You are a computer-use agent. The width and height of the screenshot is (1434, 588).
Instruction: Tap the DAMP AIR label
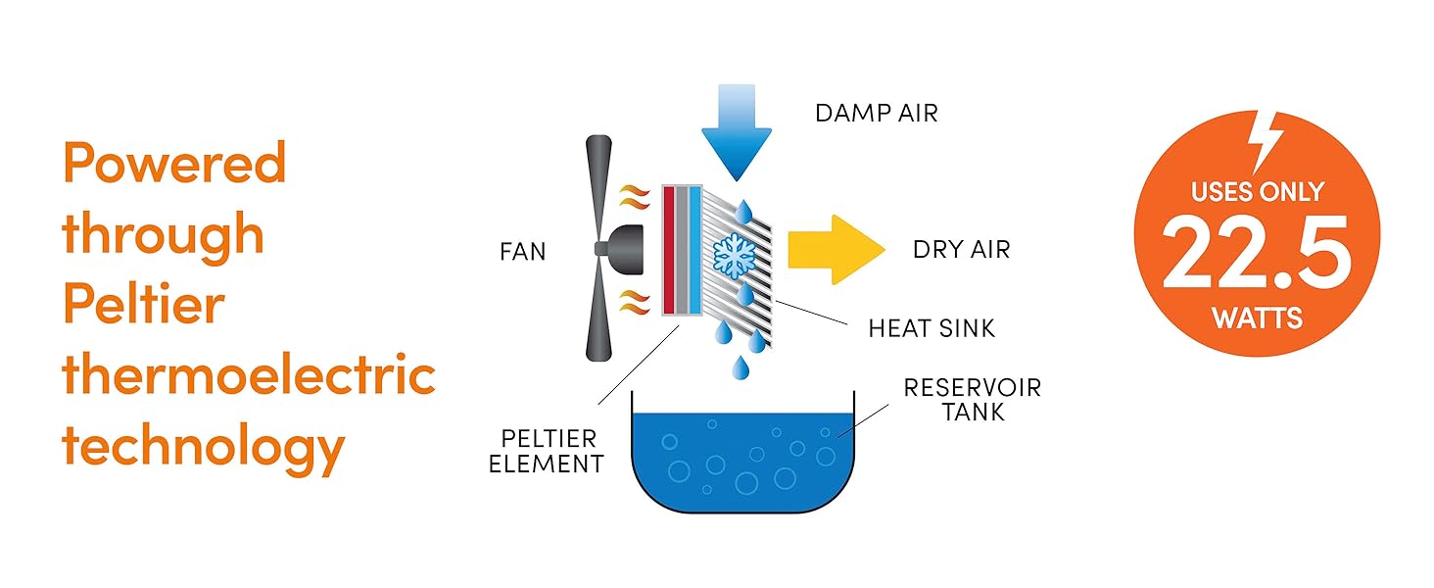point(876,114)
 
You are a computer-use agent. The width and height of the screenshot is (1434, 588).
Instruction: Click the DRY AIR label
point(960,250)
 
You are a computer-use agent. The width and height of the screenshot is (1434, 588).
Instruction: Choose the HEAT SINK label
point(931,328)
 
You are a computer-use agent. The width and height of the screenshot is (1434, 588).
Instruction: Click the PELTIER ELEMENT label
point(546,450)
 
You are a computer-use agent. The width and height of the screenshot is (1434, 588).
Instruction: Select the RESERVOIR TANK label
point(972,399)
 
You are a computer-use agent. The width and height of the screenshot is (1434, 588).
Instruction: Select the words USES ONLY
point(1257,191)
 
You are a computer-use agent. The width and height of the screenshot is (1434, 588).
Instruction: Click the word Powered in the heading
point(174,164)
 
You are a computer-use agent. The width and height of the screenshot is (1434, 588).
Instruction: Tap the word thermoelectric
point(248,375)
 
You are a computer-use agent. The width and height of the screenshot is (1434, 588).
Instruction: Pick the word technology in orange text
point(203,447)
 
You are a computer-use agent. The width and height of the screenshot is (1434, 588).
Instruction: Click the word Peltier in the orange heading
point(143,305)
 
